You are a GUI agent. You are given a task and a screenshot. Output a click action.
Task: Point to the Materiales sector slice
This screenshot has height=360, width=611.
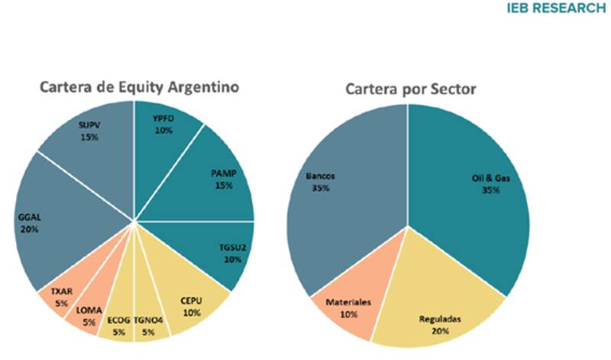[349, 306]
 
